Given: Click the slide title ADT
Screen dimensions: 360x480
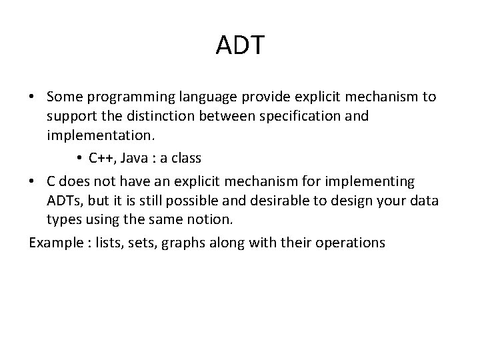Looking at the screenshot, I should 240,45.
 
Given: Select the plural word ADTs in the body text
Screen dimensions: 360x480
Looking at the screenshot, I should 65,201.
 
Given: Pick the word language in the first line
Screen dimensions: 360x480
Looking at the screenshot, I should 192,97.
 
